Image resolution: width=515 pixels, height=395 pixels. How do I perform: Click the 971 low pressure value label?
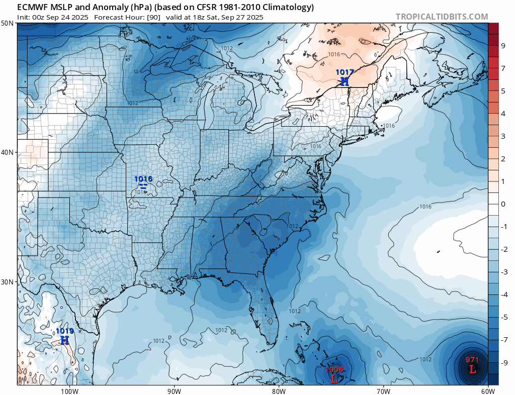[x=472, y=359]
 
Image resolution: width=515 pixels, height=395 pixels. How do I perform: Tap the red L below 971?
[x=472, y=369]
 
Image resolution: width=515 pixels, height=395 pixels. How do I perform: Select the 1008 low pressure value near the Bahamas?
[x=334, y=369]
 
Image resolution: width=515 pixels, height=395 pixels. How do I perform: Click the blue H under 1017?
[x=345, y=81]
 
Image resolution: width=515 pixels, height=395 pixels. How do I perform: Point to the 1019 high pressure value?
[x=64, y=331]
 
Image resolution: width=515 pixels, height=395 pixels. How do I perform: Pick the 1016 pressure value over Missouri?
[x=143, y=178]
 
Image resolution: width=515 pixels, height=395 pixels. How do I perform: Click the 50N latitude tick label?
[x=8, y=23]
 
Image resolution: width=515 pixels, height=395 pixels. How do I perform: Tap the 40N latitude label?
[x=8, y=152]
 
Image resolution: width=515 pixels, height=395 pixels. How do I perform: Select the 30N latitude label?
[x=8, y=282]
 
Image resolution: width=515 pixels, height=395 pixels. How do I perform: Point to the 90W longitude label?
[x=174, y=390]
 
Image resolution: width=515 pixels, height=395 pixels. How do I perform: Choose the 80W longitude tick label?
[x=279, y=390]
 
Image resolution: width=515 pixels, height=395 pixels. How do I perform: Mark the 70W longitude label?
[x=383, y=390]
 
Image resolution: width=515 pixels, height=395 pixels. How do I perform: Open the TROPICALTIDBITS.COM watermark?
[x=442, y=17]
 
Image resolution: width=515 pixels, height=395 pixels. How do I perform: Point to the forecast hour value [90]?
[x=154, y=17]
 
